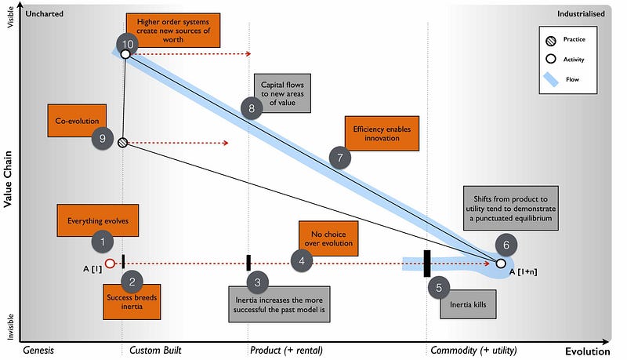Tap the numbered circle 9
pyautogui.click(x=103, y=139)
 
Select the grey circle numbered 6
pyautogui.click(x=506, y=245)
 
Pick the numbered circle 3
pyautogui.click(x=257, y=281)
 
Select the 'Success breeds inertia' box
pyautogui.click(x=132, y=301)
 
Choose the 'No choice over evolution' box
pyautogui.click(x=328, y=238)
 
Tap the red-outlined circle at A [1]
pyautogui.click(x=110, y=264)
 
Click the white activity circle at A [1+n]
pyautogui.click(x=501, y=264)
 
